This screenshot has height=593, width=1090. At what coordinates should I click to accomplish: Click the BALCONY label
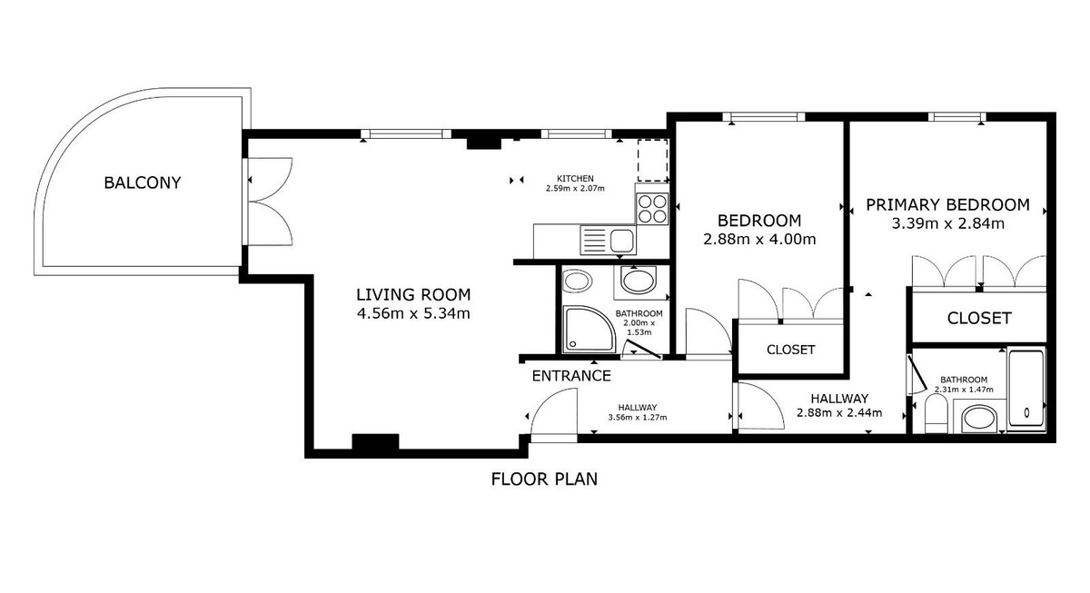[143, 183]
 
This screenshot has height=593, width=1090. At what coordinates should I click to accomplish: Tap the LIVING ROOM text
[413, 294]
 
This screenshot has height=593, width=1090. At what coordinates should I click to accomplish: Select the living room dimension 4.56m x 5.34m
[413, 314]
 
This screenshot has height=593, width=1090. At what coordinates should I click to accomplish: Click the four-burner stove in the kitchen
[652, 209]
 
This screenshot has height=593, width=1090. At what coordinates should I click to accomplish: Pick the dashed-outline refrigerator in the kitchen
[651, 161]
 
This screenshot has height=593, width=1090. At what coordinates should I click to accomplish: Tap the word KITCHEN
[575, 178]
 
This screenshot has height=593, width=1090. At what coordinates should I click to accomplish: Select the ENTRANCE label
[571, 375]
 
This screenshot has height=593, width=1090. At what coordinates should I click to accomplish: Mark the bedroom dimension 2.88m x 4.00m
[759, 240]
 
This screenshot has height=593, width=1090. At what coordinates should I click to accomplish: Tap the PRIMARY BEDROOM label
[946, 204]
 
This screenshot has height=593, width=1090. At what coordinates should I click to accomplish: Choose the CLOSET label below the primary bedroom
[978, 318]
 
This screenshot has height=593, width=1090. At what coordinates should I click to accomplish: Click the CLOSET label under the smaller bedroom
[790, 350]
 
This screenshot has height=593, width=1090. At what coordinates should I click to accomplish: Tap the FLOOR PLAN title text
[544, 479]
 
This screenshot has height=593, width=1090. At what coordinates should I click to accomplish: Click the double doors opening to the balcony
[269, 199]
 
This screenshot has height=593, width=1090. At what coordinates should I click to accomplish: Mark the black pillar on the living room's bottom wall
[374, 443]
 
